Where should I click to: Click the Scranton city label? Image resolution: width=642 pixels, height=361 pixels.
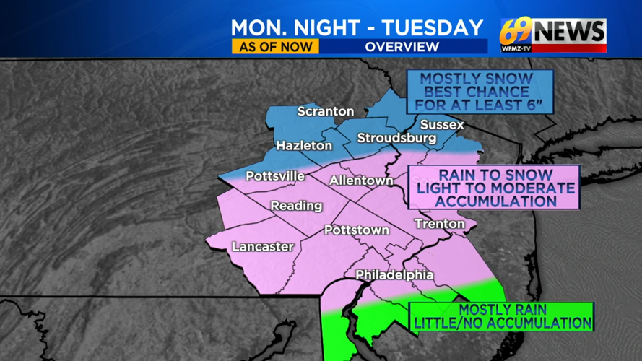326,112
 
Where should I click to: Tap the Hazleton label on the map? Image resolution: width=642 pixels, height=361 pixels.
304,146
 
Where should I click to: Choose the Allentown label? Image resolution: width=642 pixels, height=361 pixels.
361,180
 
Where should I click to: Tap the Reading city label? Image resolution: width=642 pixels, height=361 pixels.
296,206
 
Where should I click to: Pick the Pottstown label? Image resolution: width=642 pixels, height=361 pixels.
357,230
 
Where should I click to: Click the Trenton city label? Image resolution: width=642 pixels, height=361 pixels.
439,225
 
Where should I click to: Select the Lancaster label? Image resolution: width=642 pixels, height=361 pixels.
263,247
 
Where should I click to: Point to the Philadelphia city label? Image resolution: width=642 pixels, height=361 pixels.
394,275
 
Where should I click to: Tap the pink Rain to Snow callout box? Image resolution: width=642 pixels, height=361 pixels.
495,188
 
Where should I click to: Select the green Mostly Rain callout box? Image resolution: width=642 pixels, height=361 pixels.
502,316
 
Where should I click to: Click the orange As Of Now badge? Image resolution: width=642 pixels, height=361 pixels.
275,46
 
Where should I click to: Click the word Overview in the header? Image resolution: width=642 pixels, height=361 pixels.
402,47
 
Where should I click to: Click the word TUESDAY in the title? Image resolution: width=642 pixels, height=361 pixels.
433,27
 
